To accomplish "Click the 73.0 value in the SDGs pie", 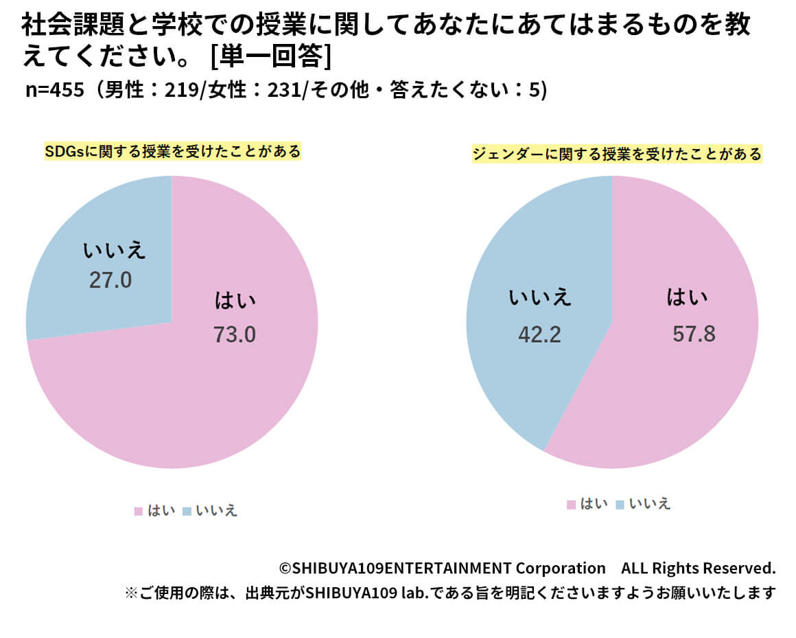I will click(235, 334).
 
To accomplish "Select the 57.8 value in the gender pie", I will click(694, 334).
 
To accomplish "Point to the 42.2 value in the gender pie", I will click(539, 334).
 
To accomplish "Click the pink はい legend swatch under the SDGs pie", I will click(138, 511).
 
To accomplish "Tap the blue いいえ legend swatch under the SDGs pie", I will click(187, 511).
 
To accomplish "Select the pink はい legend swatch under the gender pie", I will click(571, 505).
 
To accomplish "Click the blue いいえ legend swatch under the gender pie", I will click(620, 505).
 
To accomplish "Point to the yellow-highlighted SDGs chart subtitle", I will click(172, 152).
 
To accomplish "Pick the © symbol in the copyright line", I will click(285, 569).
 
